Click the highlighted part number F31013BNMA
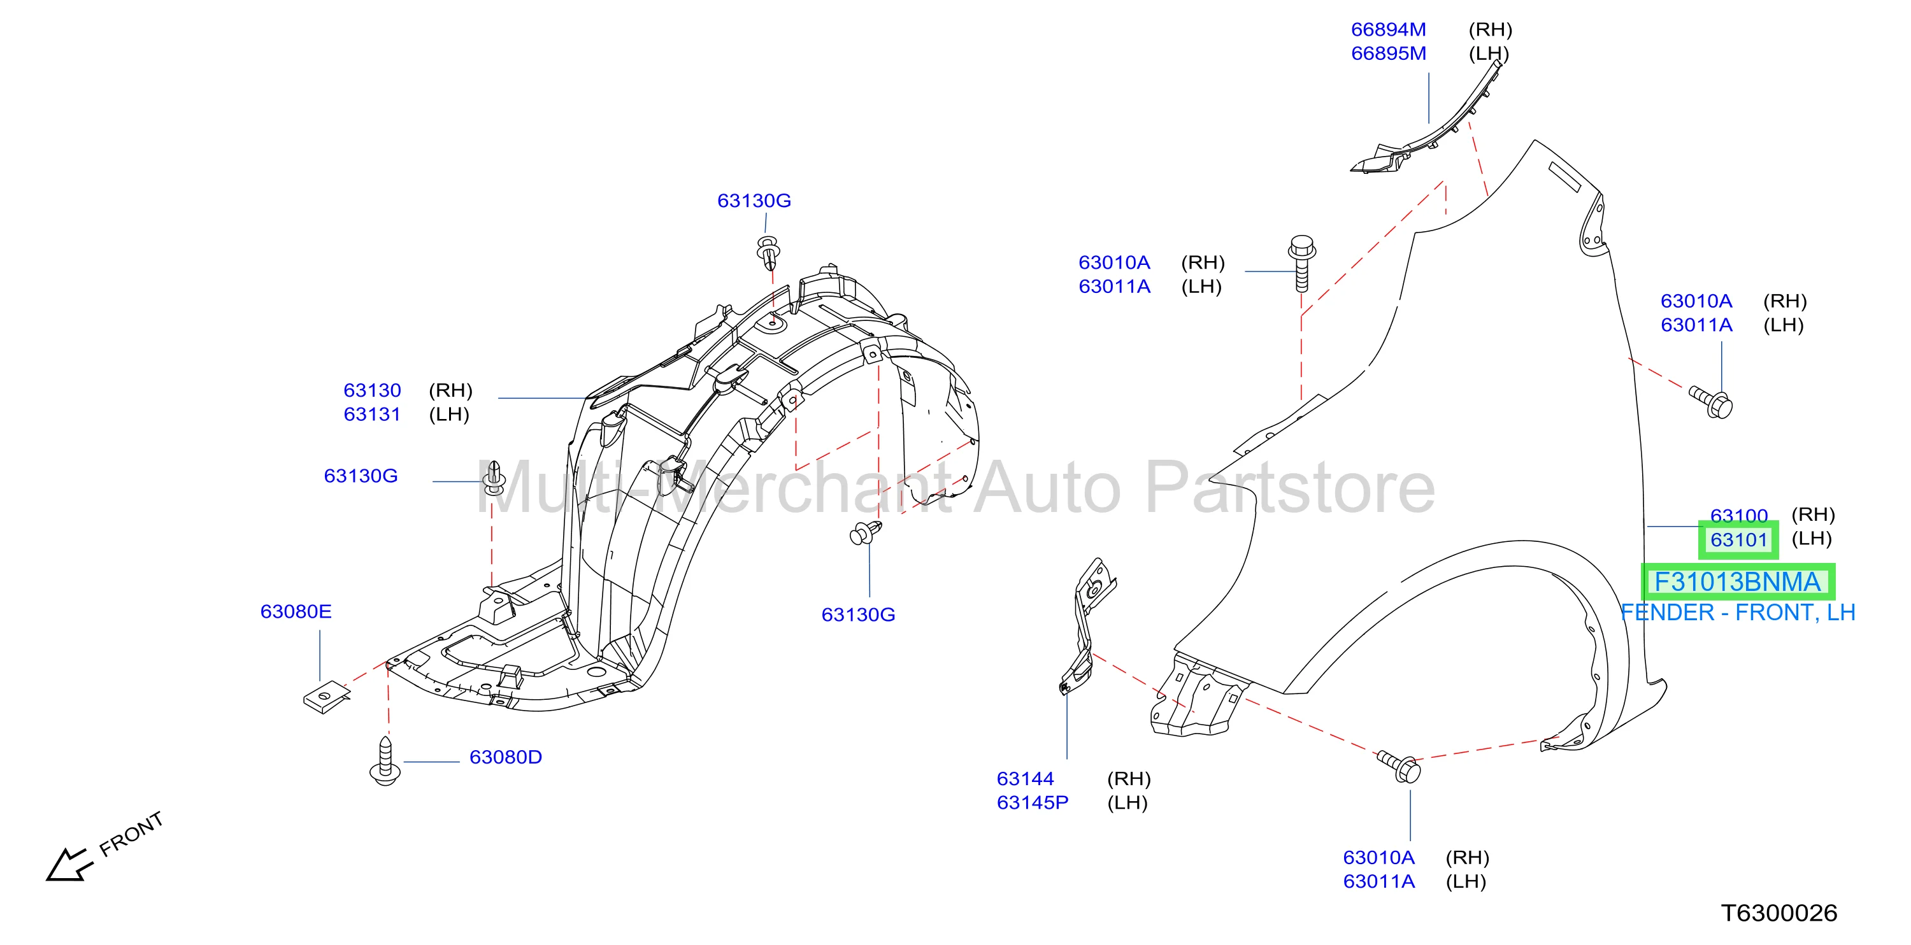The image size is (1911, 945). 1737,582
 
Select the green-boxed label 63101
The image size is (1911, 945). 1738,540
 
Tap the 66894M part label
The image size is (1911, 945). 1388,30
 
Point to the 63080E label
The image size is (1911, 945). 296,611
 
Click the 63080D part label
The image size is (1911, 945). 506,757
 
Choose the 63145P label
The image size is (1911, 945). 1032,802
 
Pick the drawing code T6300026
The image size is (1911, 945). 1779,913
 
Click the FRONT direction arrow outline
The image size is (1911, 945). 68,865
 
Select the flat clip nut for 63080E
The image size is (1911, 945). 326,697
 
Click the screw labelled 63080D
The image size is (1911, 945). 385,760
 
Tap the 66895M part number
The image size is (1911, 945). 1388,53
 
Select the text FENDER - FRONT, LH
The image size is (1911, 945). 1737,613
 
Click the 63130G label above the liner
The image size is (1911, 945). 754,201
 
